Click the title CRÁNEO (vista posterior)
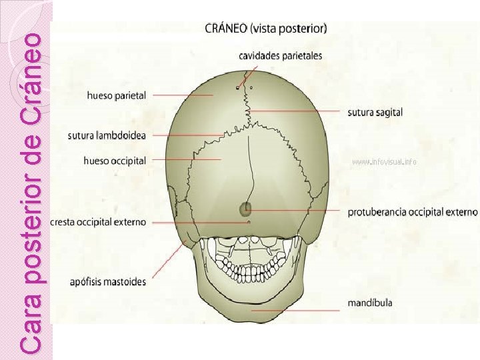click(x=265, y=29)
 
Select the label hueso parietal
click(x=117, y=95)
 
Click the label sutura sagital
click(x=375, y=112)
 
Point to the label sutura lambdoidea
click(x=107, y=136)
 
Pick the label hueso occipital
click(x=115, y=161)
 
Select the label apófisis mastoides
click(x=107, y=281)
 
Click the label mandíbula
click(x=370, y=303)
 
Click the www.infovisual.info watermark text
click(x=384, y=162)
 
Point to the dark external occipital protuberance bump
click(x=246, y=209)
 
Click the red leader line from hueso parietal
click(x=183, y=95)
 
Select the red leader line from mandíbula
click(x=297, y=311)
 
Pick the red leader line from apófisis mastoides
click(x=170, y=259)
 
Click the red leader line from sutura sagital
click(x=297, y=110)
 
